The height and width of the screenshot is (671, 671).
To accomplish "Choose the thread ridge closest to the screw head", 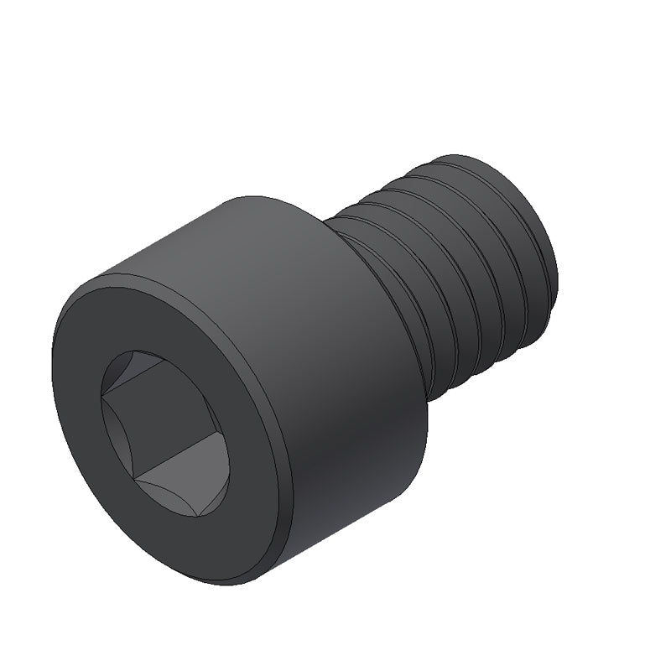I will tap(394, 277).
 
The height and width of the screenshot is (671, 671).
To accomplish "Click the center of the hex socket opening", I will tap(164, 432).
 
